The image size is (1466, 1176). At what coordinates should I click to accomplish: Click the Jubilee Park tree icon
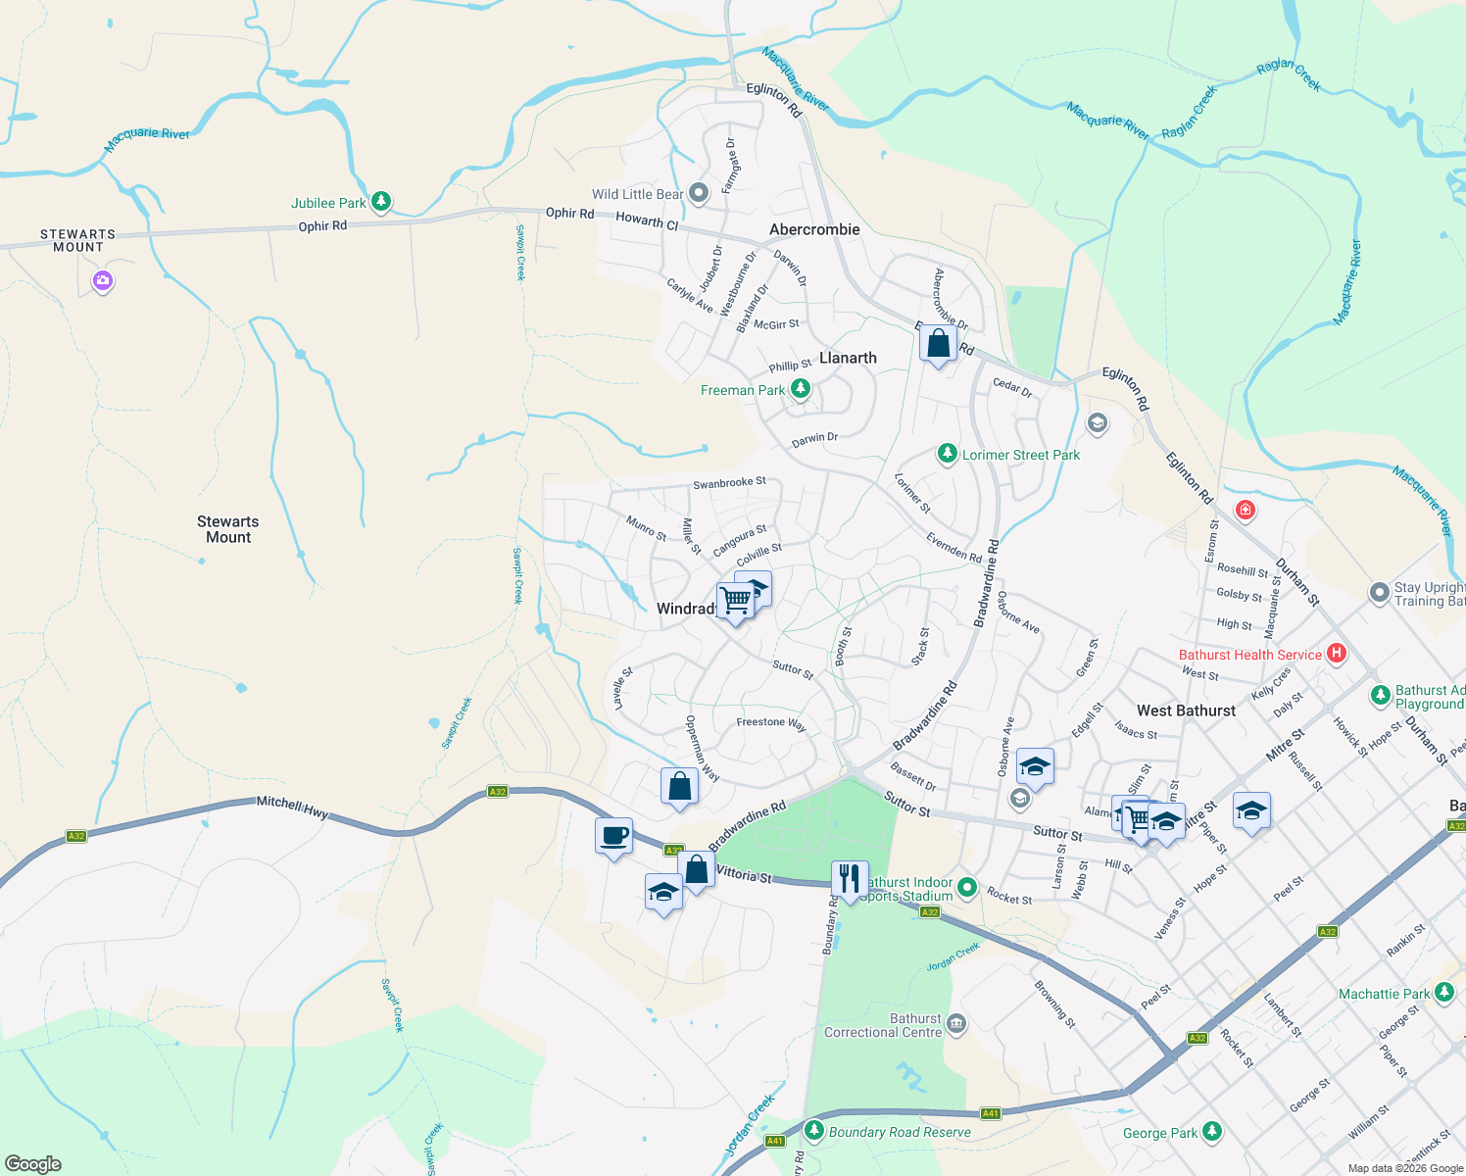381,202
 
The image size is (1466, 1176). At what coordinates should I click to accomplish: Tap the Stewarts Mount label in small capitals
77,240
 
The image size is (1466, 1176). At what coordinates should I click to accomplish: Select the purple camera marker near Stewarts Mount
103,282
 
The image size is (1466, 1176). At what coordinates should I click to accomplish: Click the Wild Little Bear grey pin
699,193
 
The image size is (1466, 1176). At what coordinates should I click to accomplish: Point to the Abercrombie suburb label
814,229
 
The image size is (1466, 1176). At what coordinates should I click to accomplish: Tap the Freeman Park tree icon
801,389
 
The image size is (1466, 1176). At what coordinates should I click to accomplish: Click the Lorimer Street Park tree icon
947,454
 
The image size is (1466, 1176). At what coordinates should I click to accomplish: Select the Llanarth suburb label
848,358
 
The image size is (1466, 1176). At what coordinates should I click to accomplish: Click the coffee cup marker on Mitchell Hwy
613,837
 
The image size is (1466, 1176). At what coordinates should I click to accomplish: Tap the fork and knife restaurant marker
849,878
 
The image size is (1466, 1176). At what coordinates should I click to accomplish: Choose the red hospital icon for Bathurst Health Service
1336,654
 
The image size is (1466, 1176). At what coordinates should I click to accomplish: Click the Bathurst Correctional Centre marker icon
956,1025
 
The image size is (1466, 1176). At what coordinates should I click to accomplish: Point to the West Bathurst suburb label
1186,710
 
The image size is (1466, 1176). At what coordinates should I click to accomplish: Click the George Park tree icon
1212,1132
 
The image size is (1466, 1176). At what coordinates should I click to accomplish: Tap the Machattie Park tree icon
1444,993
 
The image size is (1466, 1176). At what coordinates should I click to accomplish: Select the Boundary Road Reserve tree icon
814,1131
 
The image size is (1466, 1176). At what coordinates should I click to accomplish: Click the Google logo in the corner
33,1163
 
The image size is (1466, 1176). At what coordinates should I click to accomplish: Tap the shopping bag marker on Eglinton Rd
938,344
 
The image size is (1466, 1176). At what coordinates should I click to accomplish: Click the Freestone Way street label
771,723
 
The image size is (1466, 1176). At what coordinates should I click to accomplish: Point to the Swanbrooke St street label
729,483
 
